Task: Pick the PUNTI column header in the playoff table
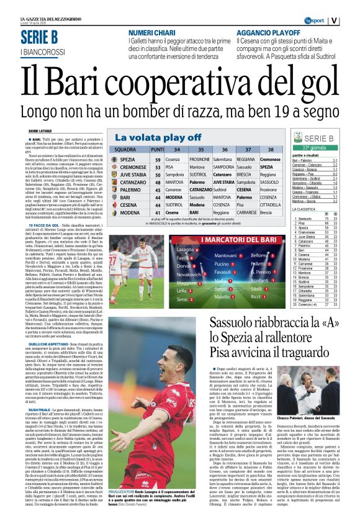158,150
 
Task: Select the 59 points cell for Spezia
158,159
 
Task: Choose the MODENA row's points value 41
158,212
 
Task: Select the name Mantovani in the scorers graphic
225,255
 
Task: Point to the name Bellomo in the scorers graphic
260,255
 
